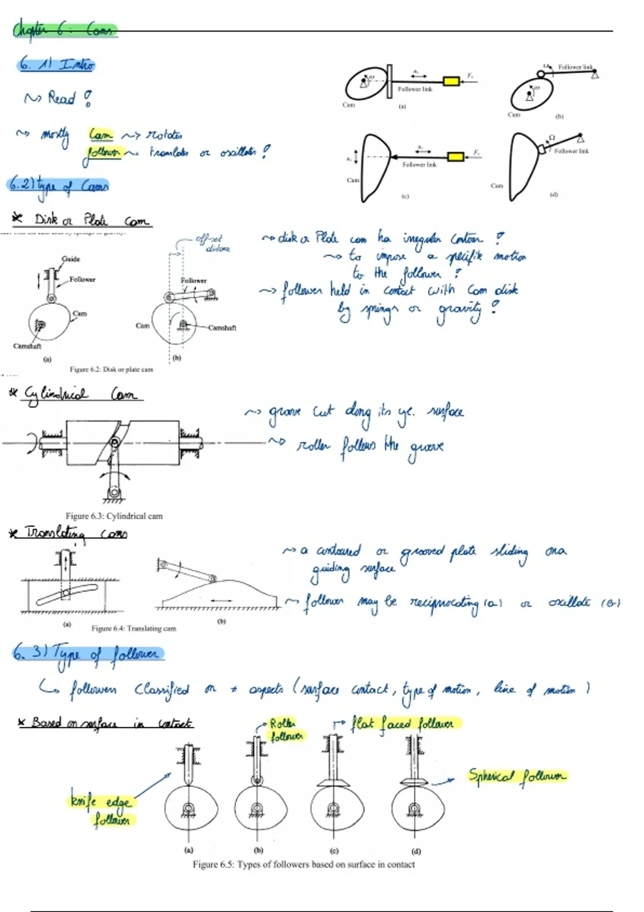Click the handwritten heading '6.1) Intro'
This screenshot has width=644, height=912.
click(x=56, y=65)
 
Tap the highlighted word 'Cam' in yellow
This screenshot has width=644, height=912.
click(x=101, y=134)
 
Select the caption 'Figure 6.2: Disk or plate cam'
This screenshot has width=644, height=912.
click(x=111, y=369)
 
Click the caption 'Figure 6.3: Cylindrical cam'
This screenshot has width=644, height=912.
click(x=114, y=516)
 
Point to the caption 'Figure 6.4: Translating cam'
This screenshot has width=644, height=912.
click(x=134, y=628)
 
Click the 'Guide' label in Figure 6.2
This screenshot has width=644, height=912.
click(x=70, y=259)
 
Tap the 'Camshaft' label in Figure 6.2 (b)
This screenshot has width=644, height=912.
click(x=222, y=328)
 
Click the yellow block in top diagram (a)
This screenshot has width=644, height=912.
click(x=451, y=81)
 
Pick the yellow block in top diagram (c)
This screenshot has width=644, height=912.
click(x=456, y=157)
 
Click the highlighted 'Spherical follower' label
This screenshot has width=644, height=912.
click(x=517, y=776)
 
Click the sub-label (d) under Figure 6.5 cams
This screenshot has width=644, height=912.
click(x=416, y=851)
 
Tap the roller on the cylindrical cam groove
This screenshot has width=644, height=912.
click(x=115, y=442)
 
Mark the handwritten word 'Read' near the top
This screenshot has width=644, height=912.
click(x=61, y=98)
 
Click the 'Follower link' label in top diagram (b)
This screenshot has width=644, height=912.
click(x=575, y=67)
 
